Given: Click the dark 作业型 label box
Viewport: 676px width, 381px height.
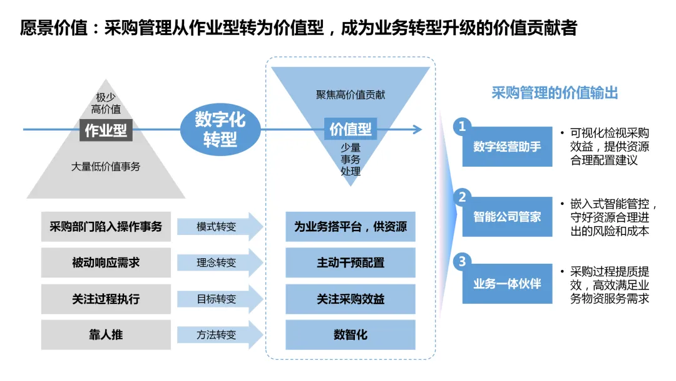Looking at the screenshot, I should [x=106, y=130].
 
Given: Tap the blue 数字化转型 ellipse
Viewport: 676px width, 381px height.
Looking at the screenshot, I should [x=220, y=129].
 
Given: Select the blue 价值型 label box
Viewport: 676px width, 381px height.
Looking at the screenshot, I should [x=351, y=129].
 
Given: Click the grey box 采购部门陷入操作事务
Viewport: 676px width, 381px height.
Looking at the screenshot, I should [x=106, y=227].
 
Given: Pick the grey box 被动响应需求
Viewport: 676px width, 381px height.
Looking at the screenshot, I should [x=106, y=263].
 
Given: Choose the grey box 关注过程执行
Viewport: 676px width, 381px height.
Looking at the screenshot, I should [x=106, y=299].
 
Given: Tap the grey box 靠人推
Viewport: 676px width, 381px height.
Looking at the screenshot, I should [x=106, y=335].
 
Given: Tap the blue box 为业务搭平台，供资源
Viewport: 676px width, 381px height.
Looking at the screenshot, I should [x=351, y=227].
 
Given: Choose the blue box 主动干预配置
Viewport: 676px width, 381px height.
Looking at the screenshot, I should [x=351, y=263].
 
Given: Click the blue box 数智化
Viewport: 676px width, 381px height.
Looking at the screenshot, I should [x=351, y=335].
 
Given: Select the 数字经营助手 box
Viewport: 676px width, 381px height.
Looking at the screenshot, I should [x=507, y=147].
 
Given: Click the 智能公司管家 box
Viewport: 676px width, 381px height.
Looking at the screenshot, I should [x=507, y=217].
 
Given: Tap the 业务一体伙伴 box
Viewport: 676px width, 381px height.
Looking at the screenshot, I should [x=507, y=284].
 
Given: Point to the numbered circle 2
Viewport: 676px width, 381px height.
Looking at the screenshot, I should [x=462, y=197].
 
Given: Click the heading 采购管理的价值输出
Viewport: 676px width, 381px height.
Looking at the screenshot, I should [x=555, y=93].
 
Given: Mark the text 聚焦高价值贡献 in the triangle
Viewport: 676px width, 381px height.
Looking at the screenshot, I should [x=351, y=95].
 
